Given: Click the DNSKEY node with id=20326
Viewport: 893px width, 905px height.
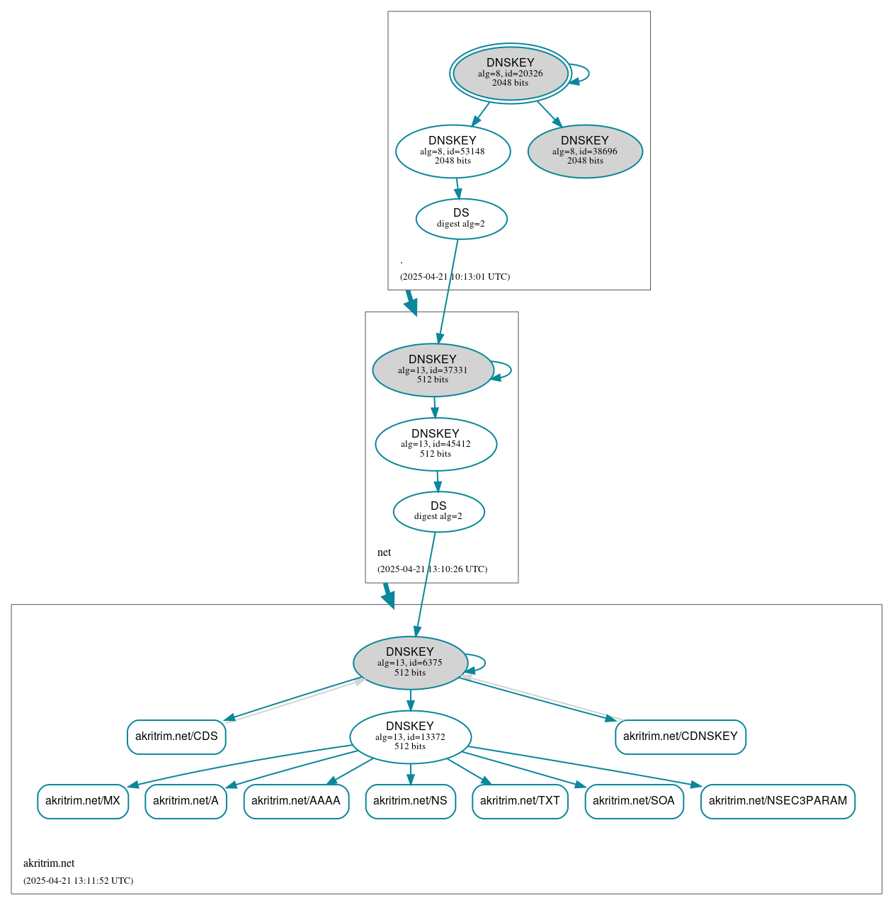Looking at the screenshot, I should pyautogui.click(x=510, y=73).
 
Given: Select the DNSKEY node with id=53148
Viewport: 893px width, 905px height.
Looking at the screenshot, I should pyautogui.click(x=453, y=151).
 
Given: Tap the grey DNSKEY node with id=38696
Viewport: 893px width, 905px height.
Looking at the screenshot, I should pyautogui.click(x=585, y=151).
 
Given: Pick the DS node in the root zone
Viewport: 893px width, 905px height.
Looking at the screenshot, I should pyautogui.click(x=461, y=219).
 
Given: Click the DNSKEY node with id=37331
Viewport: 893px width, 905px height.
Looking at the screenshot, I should pyautogui.click(x=433, y=370).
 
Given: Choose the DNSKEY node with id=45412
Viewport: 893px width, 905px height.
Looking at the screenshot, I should pyautogui.click(x=436, y=444).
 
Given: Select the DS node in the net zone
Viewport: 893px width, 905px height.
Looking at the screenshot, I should pyautogui.click(x=438, y=511).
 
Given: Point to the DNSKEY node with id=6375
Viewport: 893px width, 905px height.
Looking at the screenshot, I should pyautogui.click(x=410, y=663).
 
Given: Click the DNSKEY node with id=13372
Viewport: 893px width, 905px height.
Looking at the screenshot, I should pyautogui.click(x=410, y=736).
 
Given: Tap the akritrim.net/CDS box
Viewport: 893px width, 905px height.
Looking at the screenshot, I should pyautogui.click(x=176, y=736).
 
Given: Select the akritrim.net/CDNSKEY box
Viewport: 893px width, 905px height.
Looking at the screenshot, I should pyautogui.click(x=680, y=736).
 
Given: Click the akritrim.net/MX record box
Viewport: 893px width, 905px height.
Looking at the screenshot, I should pyautogui.click(x=83, y=801).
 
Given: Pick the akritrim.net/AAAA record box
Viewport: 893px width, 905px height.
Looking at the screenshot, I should pyautogui.click(x=296, y=801).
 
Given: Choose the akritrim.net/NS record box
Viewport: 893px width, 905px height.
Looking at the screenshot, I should pyautogui.click(x=410, y=801).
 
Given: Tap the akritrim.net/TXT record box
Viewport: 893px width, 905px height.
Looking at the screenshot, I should pyautogui.click(x=520, y=801).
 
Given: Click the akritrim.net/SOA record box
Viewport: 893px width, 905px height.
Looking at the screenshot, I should pyautogui.click(x=634, y=801).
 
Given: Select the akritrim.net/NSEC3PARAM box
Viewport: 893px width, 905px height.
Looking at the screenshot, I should pyautogui.click(x=778, y=801).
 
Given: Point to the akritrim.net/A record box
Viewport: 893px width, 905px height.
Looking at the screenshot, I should pyautogui.click(x=186, y=801).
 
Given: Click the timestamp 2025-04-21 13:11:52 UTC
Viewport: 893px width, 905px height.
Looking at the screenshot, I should pyautogui.click(x=78, y=881).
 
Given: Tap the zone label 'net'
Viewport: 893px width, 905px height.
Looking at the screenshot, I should pyautogui.click(x=384, y=552).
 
